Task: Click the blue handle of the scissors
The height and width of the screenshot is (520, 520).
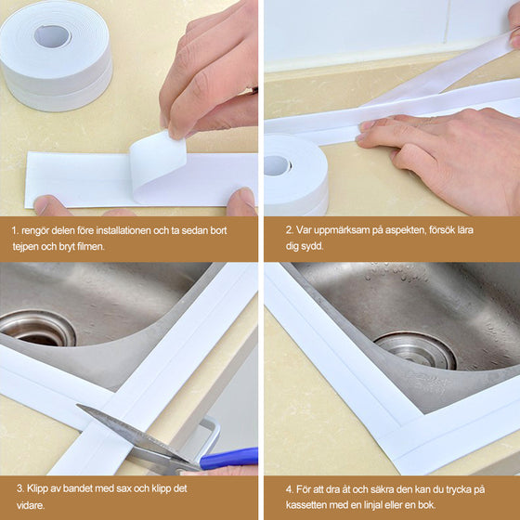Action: tap(228, 458)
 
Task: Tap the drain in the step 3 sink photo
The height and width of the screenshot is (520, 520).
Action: tap(38, 329)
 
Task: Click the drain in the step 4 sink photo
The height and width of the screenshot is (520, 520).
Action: tap(416, 351)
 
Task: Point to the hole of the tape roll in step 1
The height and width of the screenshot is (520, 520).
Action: tap(52, 36)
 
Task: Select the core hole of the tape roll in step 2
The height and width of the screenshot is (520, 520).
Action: tap(277, 165)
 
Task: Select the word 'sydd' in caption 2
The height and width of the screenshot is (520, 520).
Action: tap(313, 246)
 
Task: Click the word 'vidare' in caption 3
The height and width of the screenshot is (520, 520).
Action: tap(30, 505)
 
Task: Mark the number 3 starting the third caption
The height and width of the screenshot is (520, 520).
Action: tap(20, 488)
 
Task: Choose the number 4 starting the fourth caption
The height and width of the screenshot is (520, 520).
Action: tap(289, 489)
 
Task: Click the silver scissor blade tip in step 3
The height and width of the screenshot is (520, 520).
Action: tap(78, 406)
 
